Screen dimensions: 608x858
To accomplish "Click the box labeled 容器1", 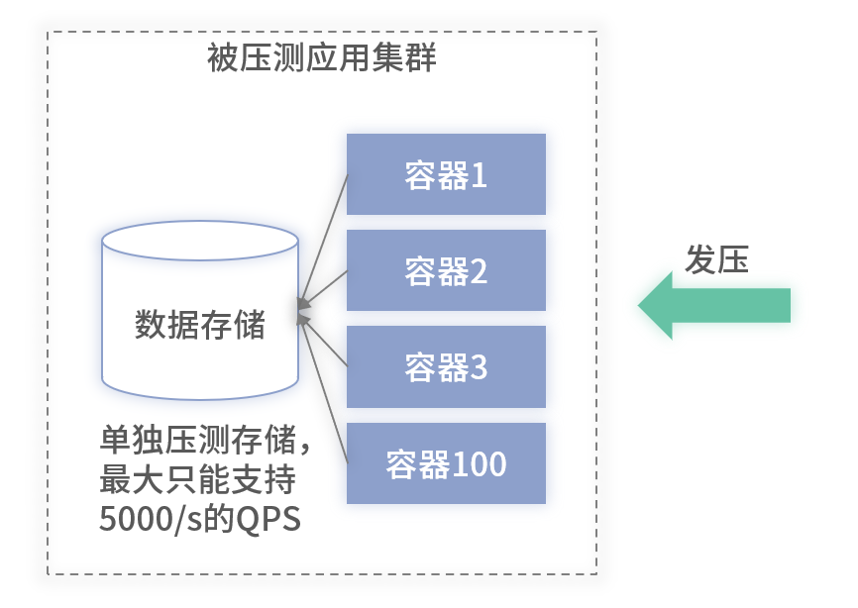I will tap(446, 175).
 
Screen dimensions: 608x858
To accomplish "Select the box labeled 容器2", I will tap(446, 270).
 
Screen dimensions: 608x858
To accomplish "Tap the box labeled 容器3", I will tap(446, 367).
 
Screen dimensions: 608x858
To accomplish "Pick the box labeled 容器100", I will tap(446, 463).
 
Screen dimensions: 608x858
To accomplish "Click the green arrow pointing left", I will tap(713, 305).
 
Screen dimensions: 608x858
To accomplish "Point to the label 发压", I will tap(716, 258).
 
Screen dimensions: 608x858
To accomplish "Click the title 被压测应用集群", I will tap(322, 58).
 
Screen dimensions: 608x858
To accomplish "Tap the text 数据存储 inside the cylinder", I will tap(200, 325).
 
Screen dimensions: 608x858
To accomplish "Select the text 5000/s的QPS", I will tap(199, 519).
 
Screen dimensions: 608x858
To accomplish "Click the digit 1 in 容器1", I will tap(479, 176).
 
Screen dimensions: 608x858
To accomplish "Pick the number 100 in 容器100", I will tap(479, 464).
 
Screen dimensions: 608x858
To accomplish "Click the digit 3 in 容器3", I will tap(479, 368).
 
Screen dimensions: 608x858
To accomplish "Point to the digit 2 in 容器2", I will tap(479, 271).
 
